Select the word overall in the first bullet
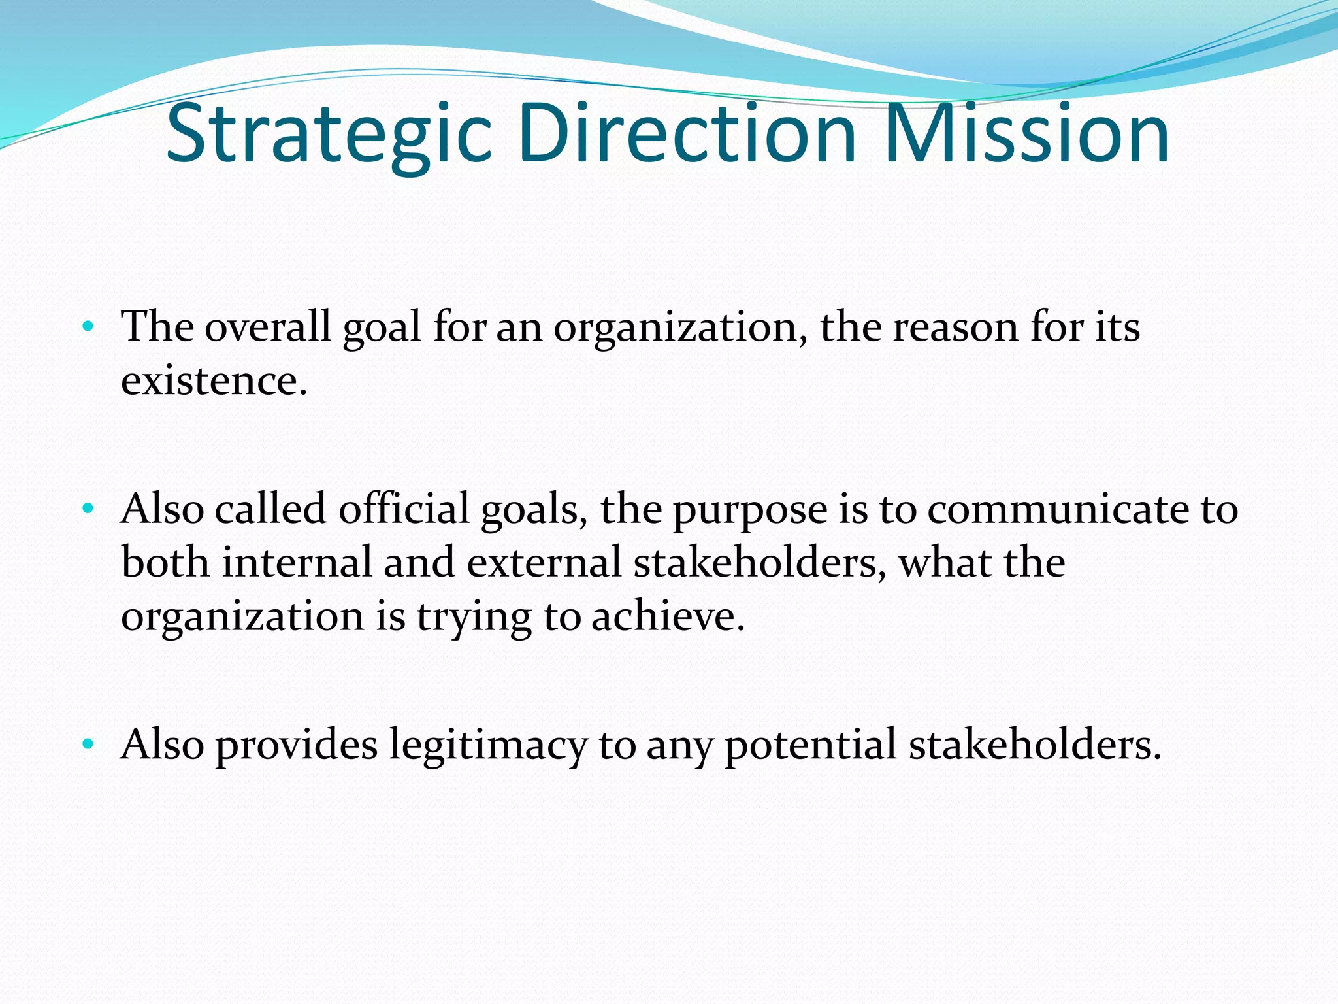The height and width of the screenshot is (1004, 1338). pos(268,326)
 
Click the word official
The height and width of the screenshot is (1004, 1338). pos(404,509)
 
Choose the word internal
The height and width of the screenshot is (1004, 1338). pos(297,562)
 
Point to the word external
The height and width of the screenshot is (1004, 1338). pos(544,562)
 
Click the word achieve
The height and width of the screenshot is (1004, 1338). pos(668,616)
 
